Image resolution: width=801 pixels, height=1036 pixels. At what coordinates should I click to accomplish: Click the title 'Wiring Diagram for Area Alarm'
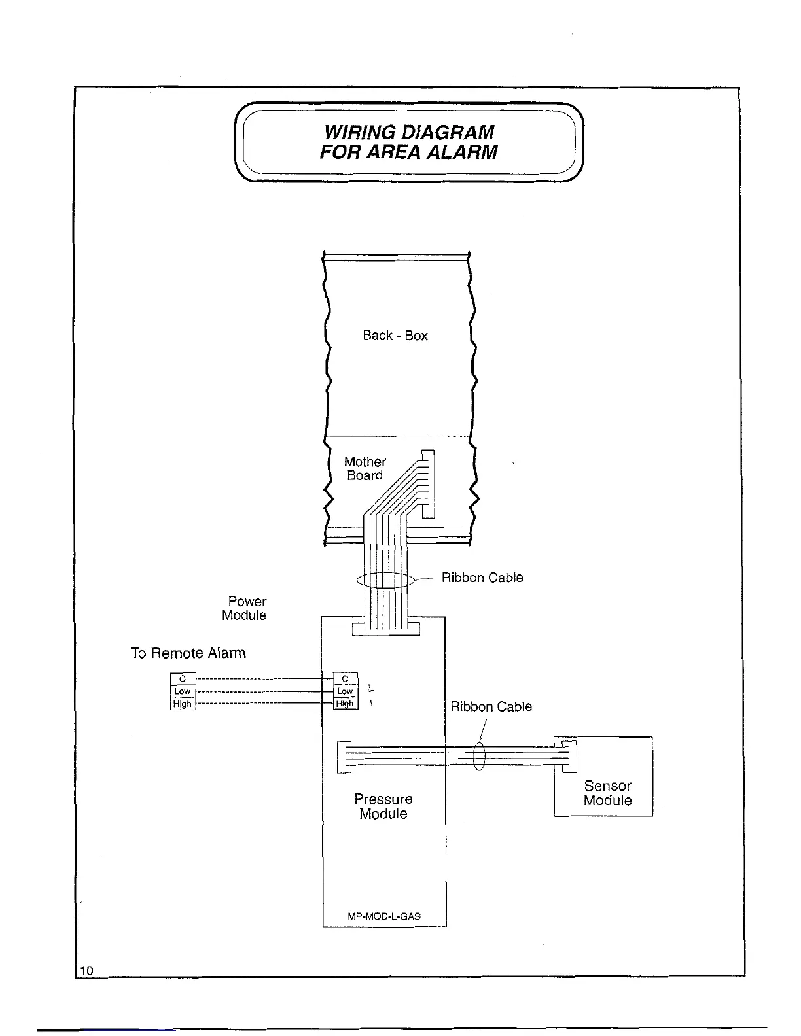(x=408, y=142)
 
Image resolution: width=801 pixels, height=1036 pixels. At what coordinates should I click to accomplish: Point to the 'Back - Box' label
(x=395, y=336)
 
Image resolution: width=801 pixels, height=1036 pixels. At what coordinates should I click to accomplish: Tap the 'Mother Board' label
(x=365, y=469)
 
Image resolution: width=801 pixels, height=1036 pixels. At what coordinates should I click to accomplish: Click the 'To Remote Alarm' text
(x=188, y=653)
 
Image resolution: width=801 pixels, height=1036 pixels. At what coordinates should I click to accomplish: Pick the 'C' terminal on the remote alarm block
(x=183, y=679)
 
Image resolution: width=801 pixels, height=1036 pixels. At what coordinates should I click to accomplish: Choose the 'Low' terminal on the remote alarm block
(x=183, y=691)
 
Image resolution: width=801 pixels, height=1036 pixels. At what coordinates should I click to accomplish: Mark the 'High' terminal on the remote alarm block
(x=183, y=704)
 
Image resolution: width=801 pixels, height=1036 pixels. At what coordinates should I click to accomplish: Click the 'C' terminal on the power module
(x=346, y=679)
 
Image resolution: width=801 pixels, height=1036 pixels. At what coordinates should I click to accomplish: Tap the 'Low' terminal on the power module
(x=345, y=691)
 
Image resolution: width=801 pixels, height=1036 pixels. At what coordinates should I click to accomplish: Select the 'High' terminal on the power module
(x=345, y=704)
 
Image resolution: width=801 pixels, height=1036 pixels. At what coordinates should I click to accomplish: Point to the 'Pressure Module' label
(x=383, y=806)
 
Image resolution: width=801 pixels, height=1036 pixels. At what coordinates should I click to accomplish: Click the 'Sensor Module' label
(x=608, y=793)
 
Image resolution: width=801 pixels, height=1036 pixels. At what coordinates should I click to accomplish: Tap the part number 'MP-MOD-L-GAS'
(x=384, y=916)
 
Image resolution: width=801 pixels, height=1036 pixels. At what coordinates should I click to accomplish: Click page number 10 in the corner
(x=87, y=970)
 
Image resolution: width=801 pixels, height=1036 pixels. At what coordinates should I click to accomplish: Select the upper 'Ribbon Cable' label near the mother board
(x=482, y=578)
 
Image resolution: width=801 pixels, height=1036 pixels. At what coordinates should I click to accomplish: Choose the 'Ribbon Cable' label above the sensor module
(x=491, y=706)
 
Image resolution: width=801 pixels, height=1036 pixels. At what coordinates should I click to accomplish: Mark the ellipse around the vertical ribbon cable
(x=385, y=580)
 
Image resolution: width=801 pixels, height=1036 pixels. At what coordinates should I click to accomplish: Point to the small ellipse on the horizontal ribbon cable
(x=479, y=757)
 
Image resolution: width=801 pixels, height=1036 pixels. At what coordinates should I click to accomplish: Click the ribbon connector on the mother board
(x=428, y=484)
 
